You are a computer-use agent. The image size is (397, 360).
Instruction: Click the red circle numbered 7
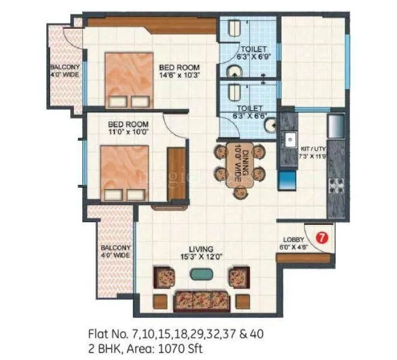pyautogui.click(x=322, y=237)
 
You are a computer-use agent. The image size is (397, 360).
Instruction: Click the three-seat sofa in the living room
pyautogui.click(x=201, y=299)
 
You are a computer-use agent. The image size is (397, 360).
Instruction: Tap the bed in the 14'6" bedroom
pyautogui.click(x=127, y=81)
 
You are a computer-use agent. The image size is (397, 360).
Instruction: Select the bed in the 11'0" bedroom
pyautogui.click(x=124, y=172)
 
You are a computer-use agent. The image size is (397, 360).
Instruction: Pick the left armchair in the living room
pyautogui.click(x=165, y=277)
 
